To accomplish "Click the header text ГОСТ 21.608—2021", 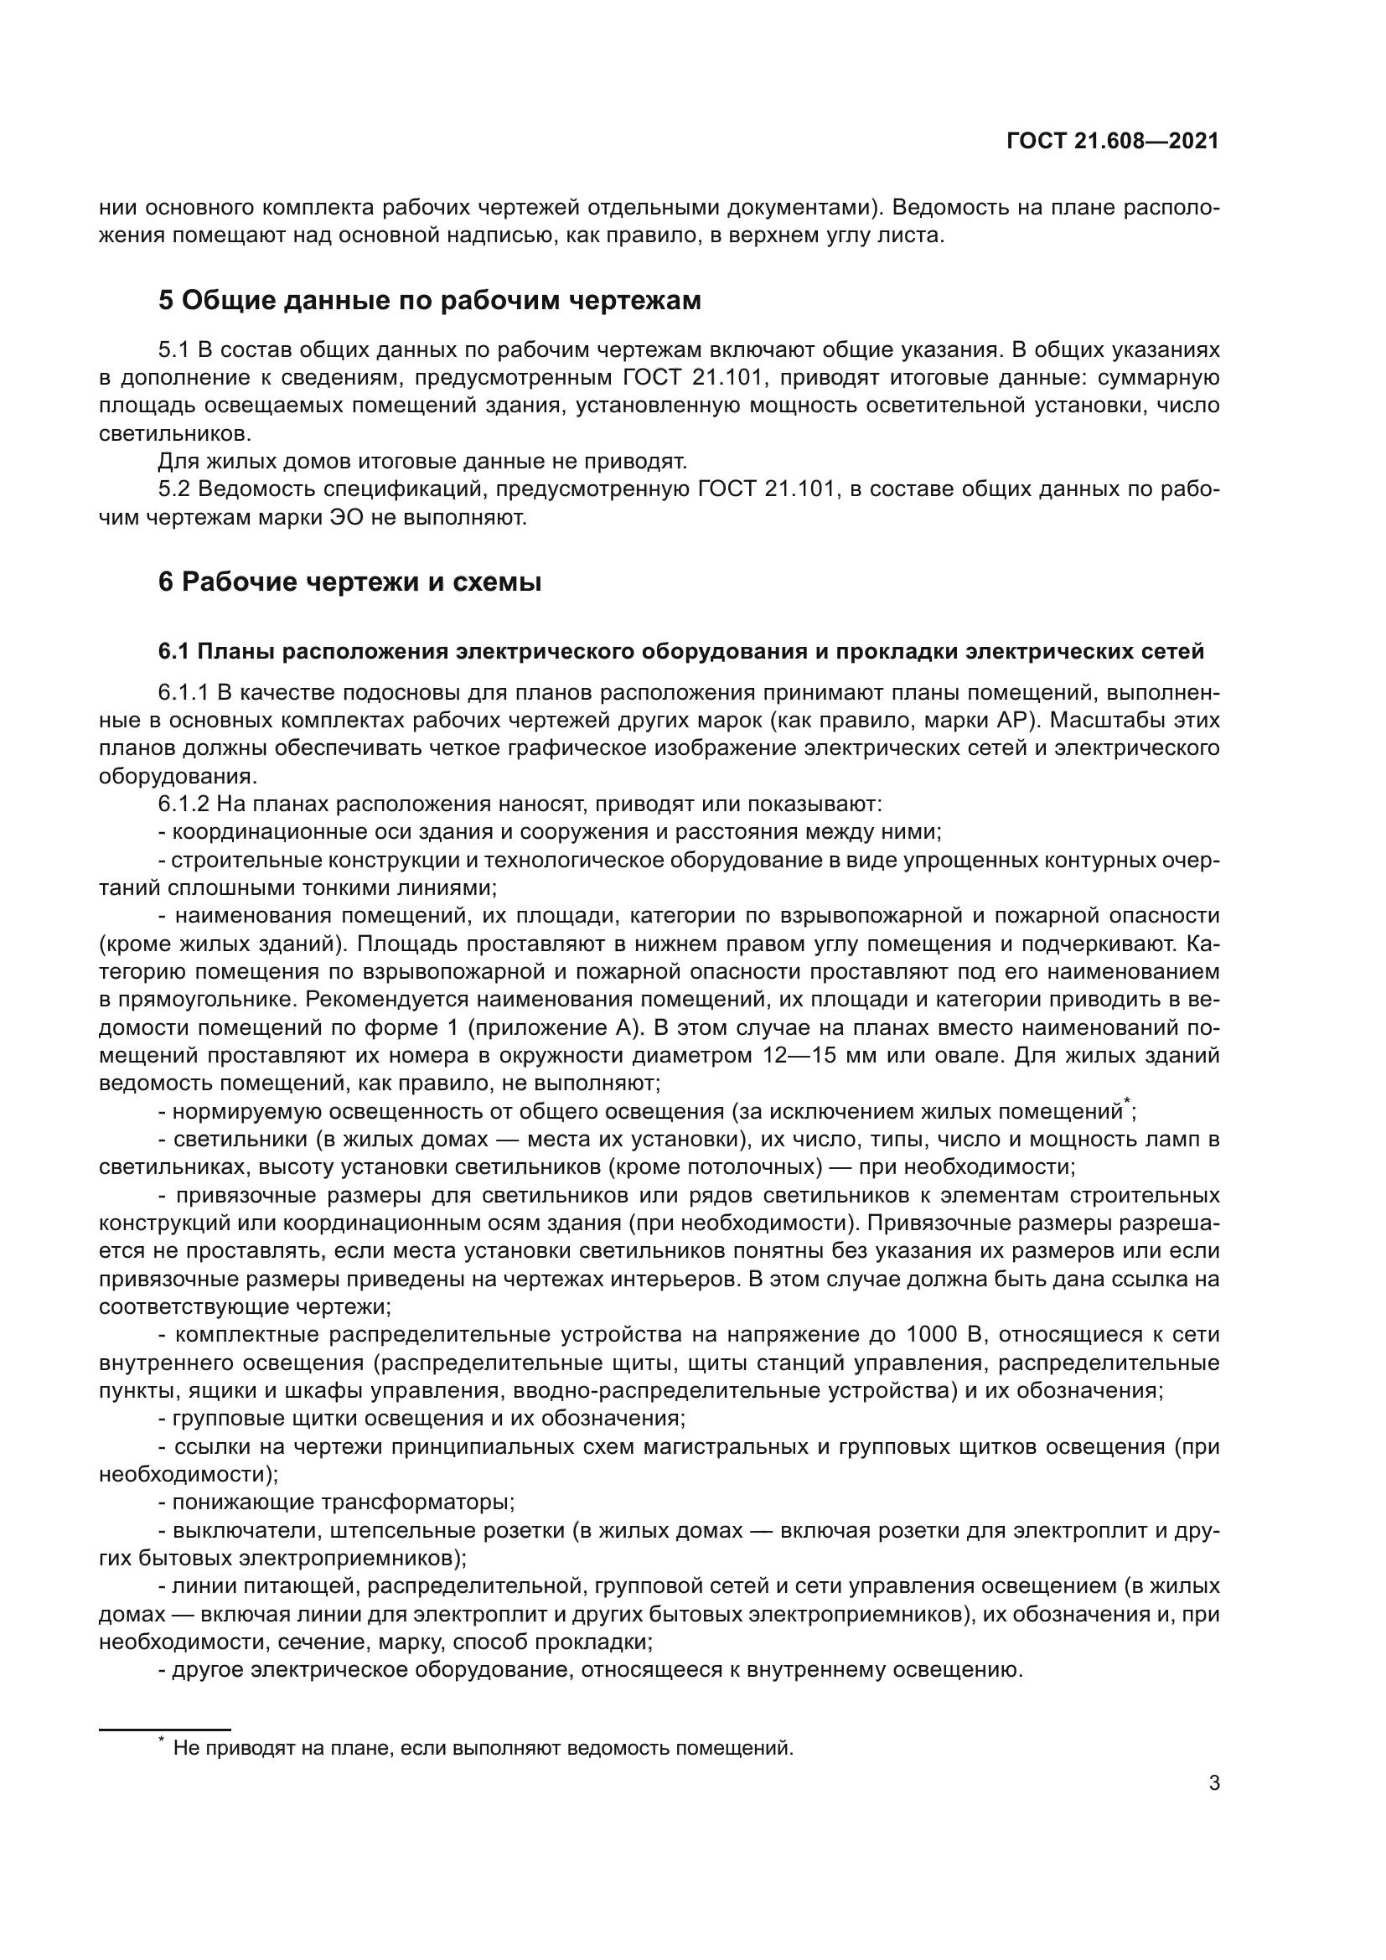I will pos(1112,141).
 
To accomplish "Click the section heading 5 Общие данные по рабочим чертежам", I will pos(429,301).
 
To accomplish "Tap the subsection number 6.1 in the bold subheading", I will pos(174,651).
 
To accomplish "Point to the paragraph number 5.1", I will pos(174,350).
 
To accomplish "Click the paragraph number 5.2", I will pos(174,489).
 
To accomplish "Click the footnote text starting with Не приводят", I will pos(483,1748).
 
